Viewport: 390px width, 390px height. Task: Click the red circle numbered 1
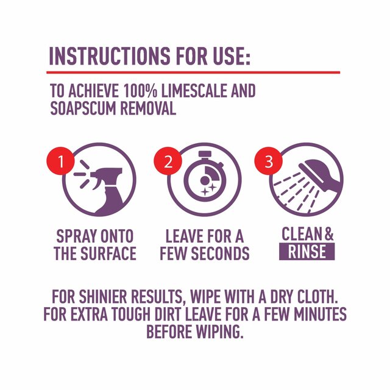coord(60,162)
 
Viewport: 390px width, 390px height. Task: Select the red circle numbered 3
coord(268,162)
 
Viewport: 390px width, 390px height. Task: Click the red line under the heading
coord(194,73)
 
